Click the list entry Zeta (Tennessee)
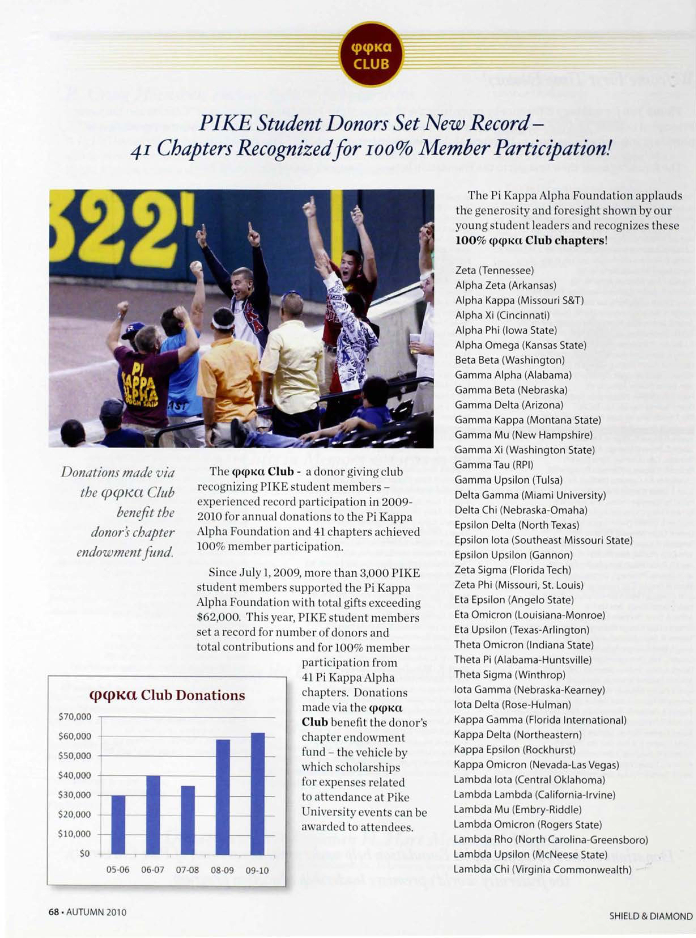494,270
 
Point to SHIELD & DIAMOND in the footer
650,916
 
